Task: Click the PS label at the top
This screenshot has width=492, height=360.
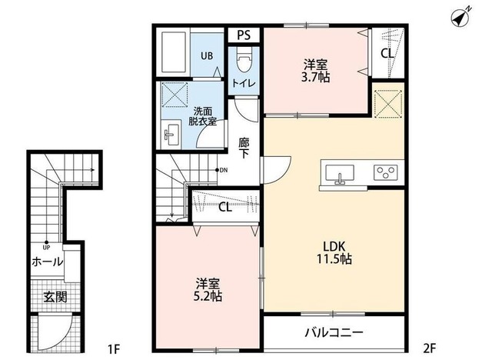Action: click(x=244, y=35)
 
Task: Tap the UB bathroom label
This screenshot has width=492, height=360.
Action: click(x=208, y=56)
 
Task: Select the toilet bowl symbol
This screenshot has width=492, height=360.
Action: click(x=244, y=59)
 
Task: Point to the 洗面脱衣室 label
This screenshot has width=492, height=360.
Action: click(x=203, y=115)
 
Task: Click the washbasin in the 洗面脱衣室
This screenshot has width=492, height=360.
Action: click(x=171, y=136)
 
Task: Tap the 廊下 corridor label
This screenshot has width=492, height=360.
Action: click(x=244, y=148)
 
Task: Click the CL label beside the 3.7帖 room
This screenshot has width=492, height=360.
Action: click(x=387, y=53)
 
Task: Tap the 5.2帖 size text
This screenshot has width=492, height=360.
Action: click(x=208, y=290)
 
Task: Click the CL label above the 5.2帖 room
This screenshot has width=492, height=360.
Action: click(x=226, y=206)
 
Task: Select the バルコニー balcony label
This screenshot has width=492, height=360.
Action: click(x=334, y=334)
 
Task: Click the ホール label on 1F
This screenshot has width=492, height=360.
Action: click(x=48, y=262)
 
